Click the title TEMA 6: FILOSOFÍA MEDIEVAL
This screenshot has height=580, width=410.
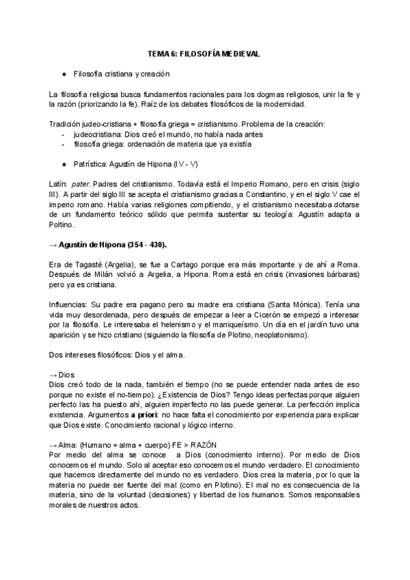(x=205, y=53)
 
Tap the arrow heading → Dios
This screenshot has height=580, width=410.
(x=61, y=375)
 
